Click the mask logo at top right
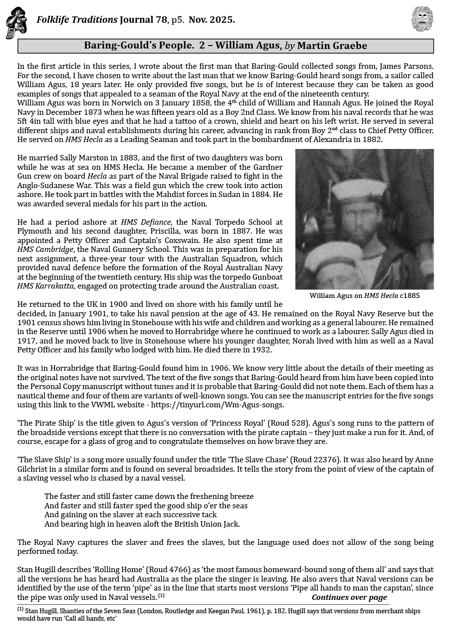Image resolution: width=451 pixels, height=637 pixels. tap(422, 19)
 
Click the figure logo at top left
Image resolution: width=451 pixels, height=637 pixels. tap(16, 23)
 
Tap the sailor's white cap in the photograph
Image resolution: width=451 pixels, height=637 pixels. tap(358, 190)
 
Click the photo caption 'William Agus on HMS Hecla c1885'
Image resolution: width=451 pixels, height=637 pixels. tap(364, 295)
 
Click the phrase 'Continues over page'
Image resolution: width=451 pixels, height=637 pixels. tap(349, 597)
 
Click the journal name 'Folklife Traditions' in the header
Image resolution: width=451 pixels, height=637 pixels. tap(77, 20)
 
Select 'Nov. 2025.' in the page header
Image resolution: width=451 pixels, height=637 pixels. tap(212, 20)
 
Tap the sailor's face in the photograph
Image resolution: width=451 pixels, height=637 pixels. tap(360, 220)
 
